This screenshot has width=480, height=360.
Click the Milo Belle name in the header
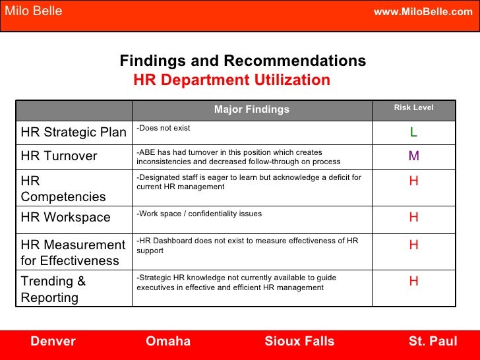click(34, 11)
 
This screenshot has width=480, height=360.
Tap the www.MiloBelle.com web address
click(423, 12)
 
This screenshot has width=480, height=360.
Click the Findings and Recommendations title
click(243, 61)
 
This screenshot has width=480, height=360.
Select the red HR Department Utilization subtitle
click(231, 80)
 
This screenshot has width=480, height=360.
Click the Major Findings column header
click(251, 109)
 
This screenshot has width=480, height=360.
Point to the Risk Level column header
click(413, 107)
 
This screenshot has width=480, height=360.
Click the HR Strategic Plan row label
click(73, 132)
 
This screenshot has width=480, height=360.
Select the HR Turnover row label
click(59, 156)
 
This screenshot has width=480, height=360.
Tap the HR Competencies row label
click(63, 188)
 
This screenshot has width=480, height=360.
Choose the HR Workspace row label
click(66, 218)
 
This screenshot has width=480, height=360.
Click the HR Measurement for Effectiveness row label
click(73, 253)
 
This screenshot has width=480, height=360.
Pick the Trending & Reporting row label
click(53, 289)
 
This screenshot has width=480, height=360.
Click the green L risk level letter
click(413, 133)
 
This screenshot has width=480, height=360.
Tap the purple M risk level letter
click(413, 156)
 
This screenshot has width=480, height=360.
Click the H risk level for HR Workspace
click(413, 218)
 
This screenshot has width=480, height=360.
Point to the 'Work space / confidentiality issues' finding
click(199, 214)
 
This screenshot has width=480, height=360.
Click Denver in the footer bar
click(53, 341)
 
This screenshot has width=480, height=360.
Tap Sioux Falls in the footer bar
click(299, 341)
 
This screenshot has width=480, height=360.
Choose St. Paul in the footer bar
click(433, 341)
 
